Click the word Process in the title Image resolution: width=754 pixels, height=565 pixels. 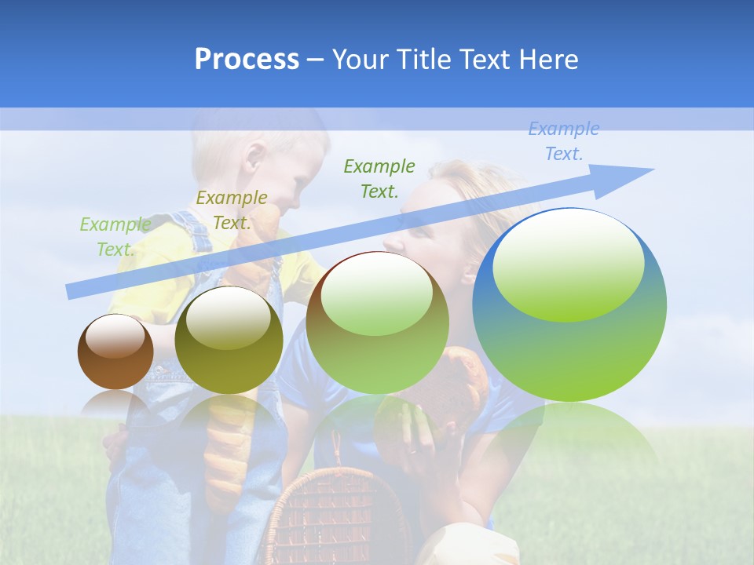(x=247, y=60)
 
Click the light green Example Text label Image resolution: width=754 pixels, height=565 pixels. (x=115, y=237)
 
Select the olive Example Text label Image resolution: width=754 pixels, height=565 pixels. (x=231, y=210)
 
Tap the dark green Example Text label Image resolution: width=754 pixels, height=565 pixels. (x=379, y=178)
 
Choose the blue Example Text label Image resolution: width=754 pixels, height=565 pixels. (x=563, y=141)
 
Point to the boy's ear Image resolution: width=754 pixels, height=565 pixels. (x=254, y=157)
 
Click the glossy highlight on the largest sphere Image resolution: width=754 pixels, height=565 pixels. (x=568, y=267)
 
